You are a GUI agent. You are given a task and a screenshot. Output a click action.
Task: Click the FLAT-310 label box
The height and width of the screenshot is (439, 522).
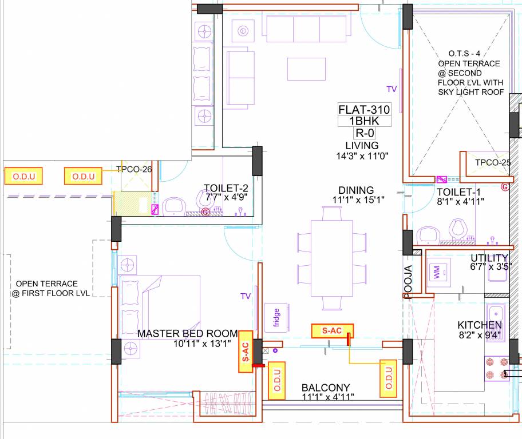tap(364, 109)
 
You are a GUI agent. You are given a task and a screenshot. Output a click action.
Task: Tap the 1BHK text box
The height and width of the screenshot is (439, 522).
tap(364, 121)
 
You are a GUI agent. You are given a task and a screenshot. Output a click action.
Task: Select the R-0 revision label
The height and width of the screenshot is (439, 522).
tap(364, 133)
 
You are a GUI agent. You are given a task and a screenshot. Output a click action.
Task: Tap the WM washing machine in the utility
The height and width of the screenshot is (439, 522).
tap(438, 273)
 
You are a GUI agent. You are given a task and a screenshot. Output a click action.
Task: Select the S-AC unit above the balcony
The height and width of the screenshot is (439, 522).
tap(332, 330)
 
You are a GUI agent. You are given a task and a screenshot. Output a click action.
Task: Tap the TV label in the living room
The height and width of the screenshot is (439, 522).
tap(391, 89)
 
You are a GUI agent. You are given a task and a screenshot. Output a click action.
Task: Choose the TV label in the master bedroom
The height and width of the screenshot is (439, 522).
tap(246, 296)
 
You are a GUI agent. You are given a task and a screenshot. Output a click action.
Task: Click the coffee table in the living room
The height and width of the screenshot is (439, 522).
tap(306, 69)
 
